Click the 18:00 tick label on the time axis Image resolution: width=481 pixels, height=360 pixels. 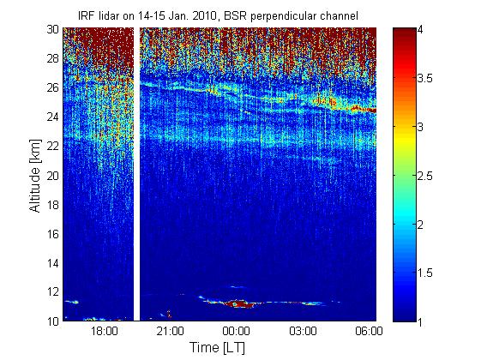point(105,331)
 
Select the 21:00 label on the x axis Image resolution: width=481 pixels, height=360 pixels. point(171,331)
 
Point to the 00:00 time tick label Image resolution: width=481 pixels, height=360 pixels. point(236,331)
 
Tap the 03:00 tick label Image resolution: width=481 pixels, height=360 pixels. point(303,331)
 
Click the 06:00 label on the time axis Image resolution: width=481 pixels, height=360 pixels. point(369,331)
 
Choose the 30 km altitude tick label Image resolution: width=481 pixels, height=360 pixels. point(53,29)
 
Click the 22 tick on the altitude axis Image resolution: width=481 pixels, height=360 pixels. point(53,146)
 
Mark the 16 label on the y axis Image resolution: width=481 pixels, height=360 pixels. point(53,234)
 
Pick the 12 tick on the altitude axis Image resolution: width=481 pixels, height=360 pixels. point(53,291)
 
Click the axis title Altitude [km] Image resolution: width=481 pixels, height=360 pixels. point(35,176)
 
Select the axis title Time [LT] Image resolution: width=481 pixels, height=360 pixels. point(217,348)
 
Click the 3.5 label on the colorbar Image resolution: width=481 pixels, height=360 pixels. point(425,78)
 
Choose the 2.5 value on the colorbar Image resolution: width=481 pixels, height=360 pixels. point(425,176)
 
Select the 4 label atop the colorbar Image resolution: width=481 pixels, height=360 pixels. point(420,29)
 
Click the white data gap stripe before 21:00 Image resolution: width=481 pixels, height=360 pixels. point(137,174)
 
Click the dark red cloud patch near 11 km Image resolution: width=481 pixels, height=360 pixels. point(240,304)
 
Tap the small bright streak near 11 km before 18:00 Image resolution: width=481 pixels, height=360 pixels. point(71,302)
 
